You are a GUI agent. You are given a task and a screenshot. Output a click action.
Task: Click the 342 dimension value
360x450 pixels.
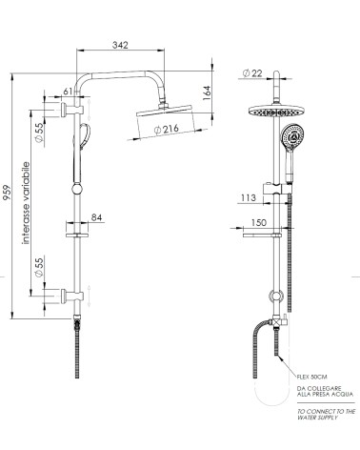click(119, 44)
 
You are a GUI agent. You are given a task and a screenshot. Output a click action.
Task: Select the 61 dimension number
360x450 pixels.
click(66, 91)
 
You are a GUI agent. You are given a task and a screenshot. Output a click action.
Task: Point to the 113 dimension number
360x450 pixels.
click(249, 199)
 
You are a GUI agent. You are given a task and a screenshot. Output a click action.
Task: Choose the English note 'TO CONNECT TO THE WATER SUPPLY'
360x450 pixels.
click(325, 415)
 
